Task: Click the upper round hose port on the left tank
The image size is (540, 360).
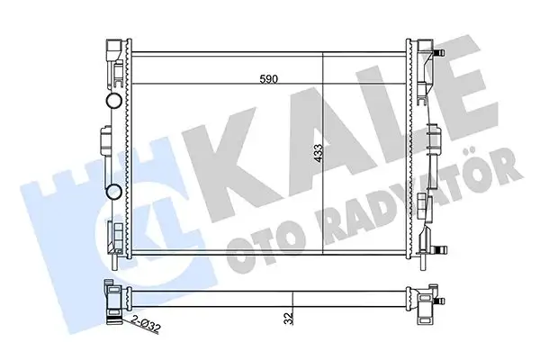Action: coord(115,99)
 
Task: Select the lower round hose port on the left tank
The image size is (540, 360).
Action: coord(115,192)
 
